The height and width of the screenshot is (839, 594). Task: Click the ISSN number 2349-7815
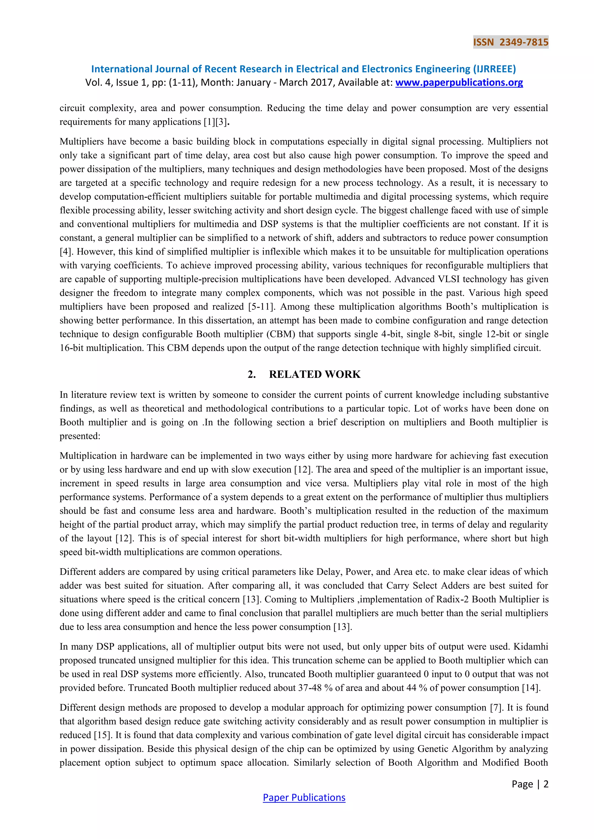click(x=524, y=42)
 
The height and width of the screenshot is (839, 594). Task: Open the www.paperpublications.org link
click(x=459, y=83)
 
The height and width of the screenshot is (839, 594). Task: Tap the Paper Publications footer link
click(x=304, y=797)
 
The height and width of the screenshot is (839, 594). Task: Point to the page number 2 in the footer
click(x=546, y=784)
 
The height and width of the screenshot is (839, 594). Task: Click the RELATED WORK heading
click(x=315, y=374)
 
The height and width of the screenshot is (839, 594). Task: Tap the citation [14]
click(x=531, y=688)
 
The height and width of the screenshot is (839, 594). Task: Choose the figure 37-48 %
click(x=315, y=688)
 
